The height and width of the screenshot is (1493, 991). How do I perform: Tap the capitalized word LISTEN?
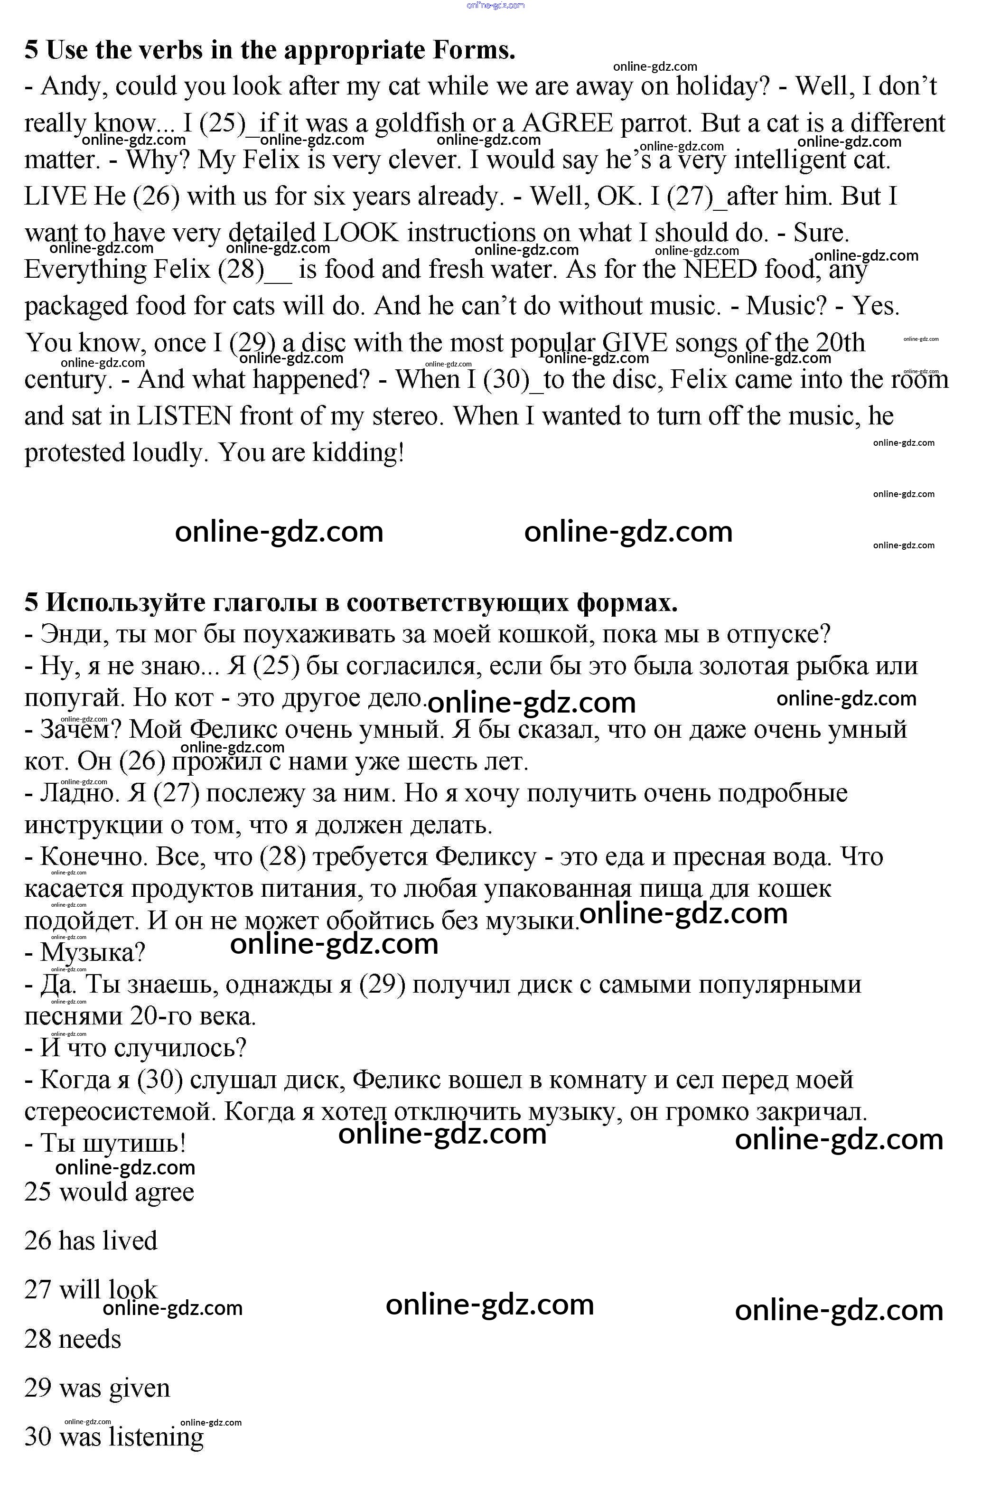click(x=185, y=416)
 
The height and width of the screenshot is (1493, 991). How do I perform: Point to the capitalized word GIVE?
click(x=635, y=343)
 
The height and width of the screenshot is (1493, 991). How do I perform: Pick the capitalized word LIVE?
click(x=55, y=197)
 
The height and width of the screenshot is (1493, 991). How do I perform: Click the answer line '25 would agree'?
click(x=109, y=1192)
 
